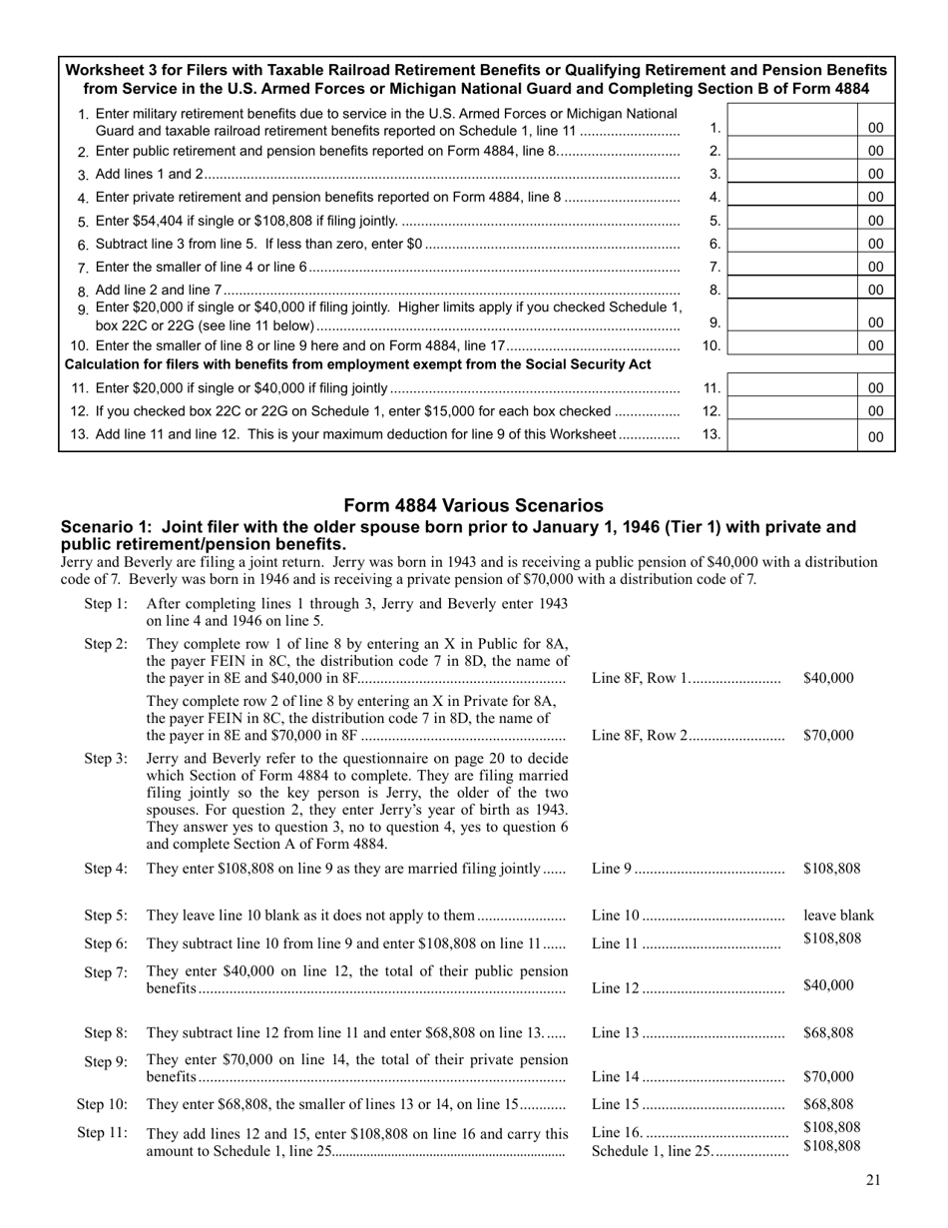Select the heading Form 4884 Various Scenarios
pos(473,505)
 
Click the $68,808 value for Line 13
pos(827,1033)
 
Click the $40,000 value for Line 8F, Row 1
pos(827,678)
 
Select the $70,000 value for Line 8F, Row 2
pos(827,736)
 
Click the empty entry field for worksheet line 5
pos(792,221)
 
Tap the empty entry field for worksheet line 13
pos(792,434)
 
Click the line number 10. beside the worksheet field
pos(711,345)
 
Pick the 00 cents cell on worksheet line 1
pos(875,128)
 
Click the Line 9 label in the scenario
pos(612,869)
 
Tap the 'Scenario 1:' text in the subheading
pos(105,527)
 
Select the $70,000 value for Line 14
pos(827,1076)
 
